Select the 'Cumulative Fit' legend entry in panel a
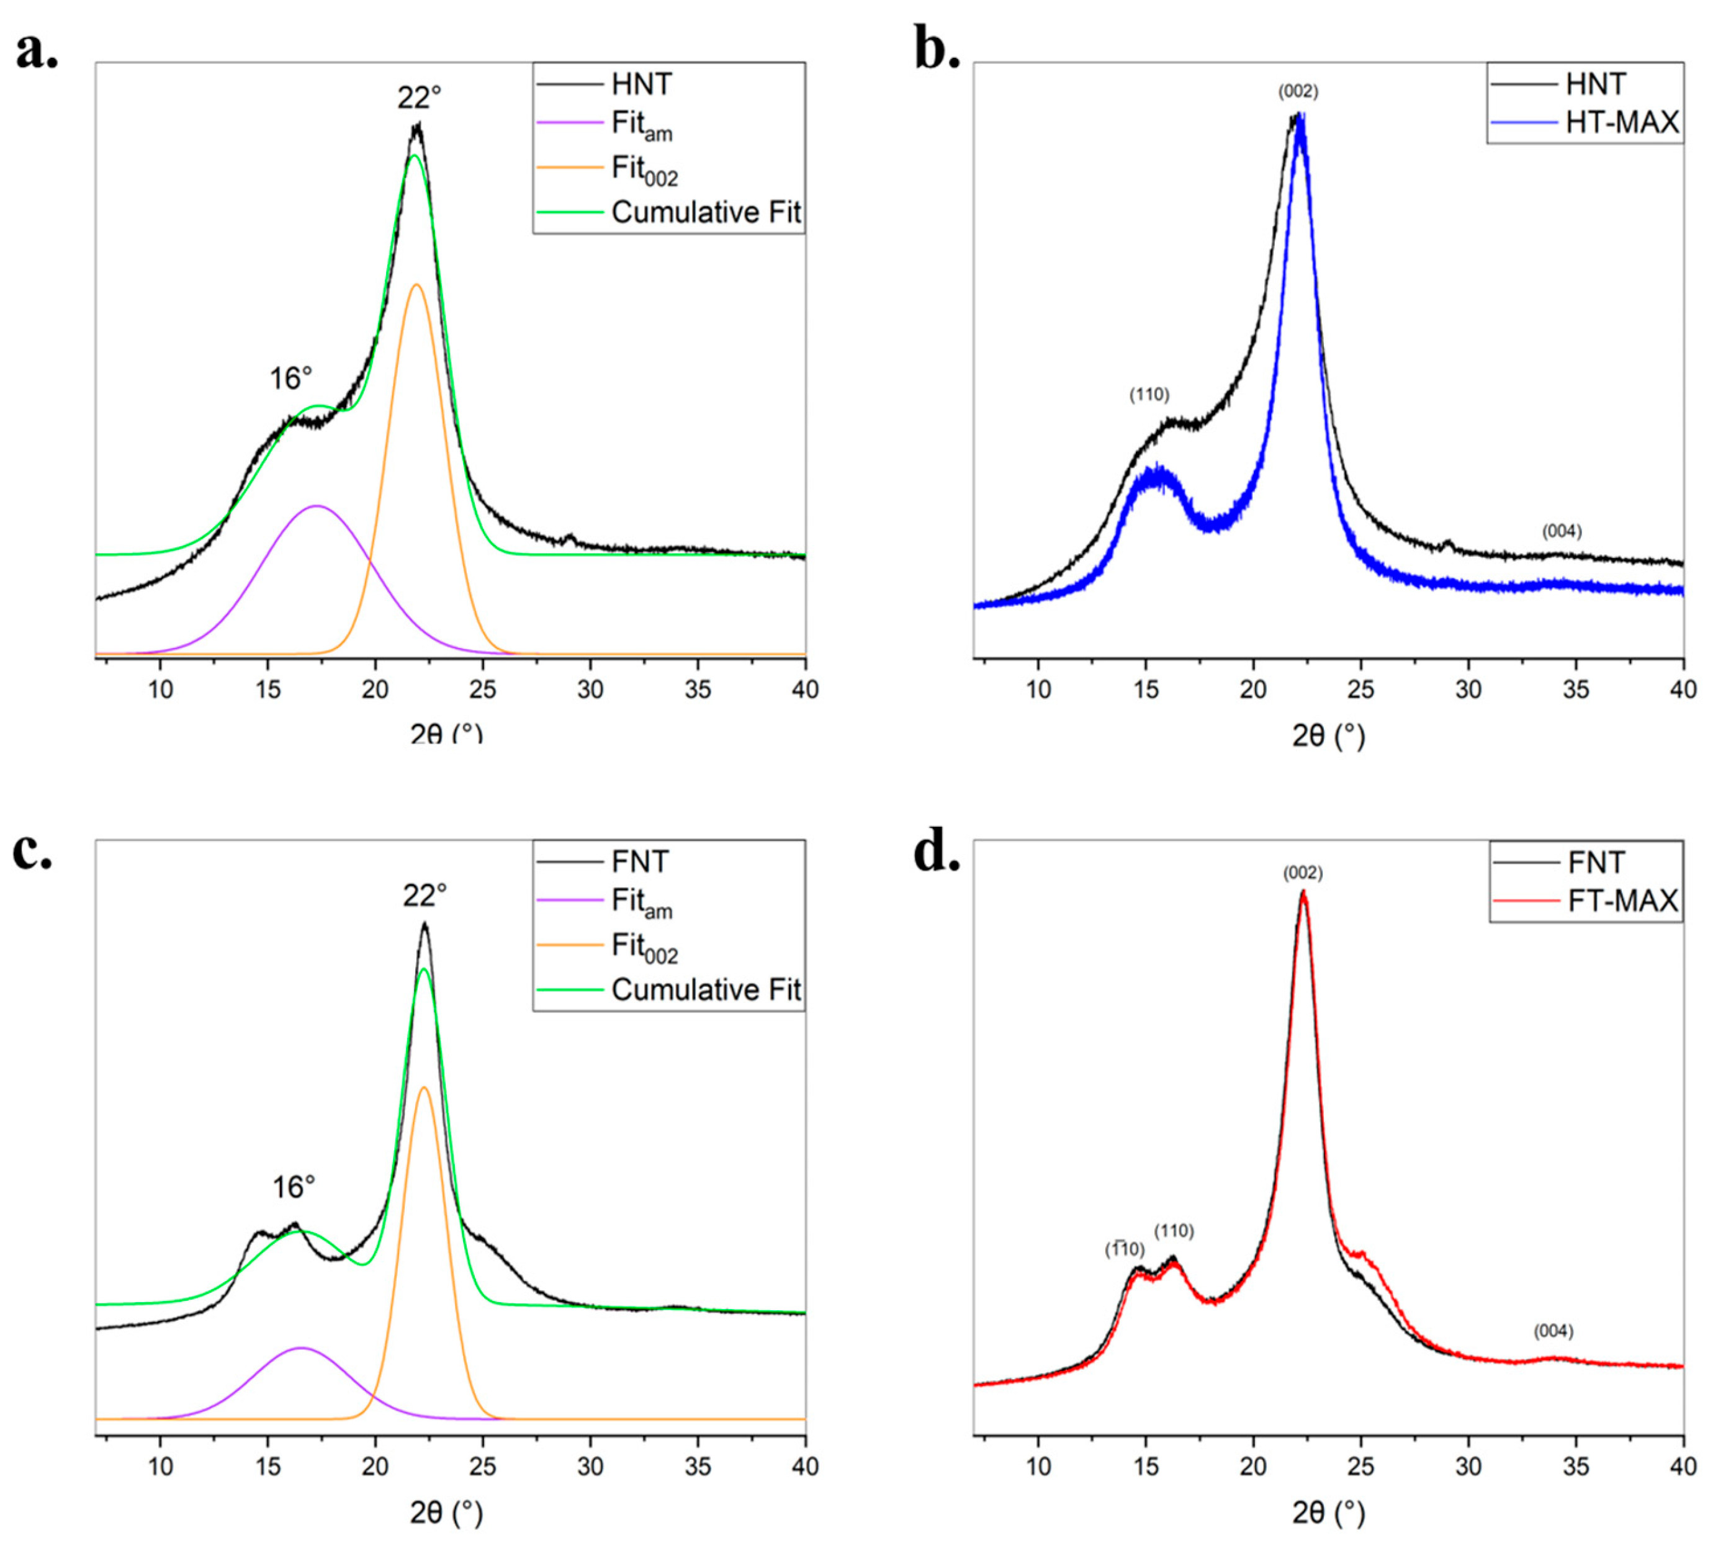tap(705, 212)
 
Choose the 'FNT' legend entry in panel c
tap(640, 861)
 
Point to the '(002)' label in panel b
tap(1298, 91)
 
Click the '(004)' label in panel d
tap(1553, 1331)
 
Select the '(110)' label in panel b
tap(1149, 394)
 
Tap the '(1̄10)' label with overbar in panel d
tap(1124, 1249)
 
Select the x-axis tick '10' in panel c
tap(161, 1467)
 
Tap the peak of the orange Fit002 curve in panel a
tap(416, 285)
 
